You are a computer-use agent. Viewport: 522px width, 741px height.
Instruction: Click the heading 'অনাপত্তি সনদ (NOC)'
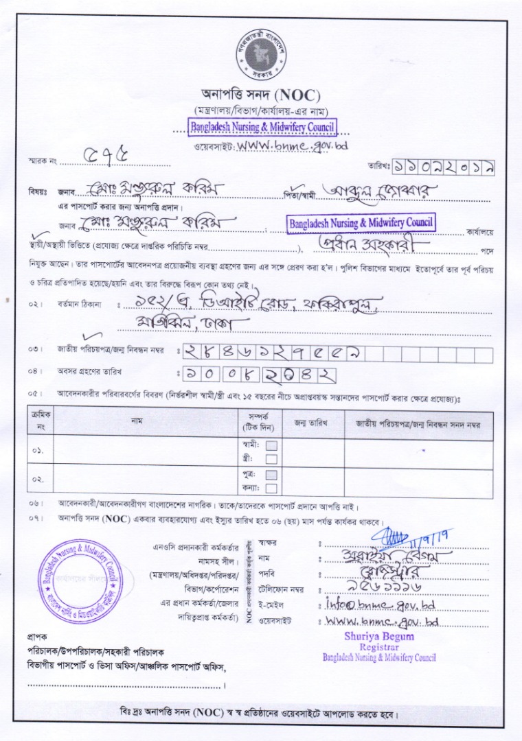pos(261,95)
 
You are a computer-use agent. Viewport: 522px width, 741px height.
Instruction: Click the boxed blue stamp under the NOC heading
pos(263,127)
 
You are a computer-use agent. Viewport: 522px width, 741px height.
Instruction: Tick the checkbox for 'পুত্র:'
pos(271,475)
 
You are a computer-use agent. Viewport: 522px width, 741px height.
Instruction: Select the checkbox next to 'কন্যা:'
pos(271,488)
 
